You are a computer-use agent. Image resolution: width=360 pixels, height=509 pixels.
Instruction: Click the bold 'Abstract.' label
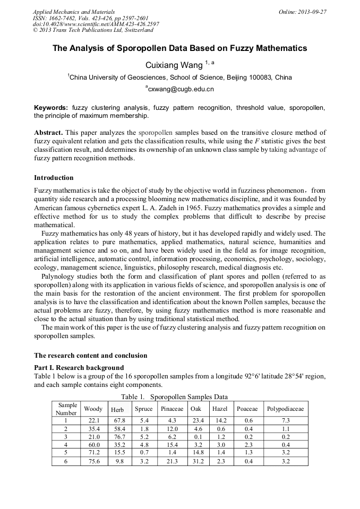coord(49,132)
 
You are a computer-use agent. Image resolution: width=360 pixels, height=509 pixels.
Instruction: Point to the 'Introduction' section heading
coord(54,177)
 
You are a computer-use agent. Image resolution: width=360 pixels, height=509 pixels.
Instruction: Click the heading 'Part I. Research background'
coord(79,367)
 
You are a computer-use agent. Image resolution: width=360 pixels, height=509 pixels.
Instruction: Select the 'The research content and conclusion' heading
coord(90,355)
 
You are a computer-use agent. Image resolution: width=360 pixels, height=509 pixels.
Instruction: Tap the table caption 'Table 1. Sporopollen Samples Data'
coord(174,396)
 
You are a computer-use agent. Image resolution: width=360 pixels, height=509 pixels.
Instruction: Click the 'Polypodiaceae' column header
coord(285,409)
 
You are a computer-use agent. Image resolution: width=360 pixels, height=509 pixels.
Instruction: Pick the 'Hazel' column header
coord(219,409)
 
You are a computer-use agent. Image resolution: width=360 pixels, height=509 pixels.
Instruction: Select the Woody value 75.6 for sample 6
coord(93,461)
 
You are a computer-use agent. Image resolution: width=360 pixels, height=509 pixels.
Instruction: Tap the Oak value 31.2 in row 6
coord(197,461)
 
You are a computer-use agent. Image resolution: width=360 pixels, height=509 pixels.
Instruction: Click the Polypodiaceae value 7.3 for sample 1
coord(285,420)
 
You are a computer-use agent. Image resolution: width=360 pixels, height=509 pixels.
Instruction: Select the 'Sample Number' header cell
coord(66,409)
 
